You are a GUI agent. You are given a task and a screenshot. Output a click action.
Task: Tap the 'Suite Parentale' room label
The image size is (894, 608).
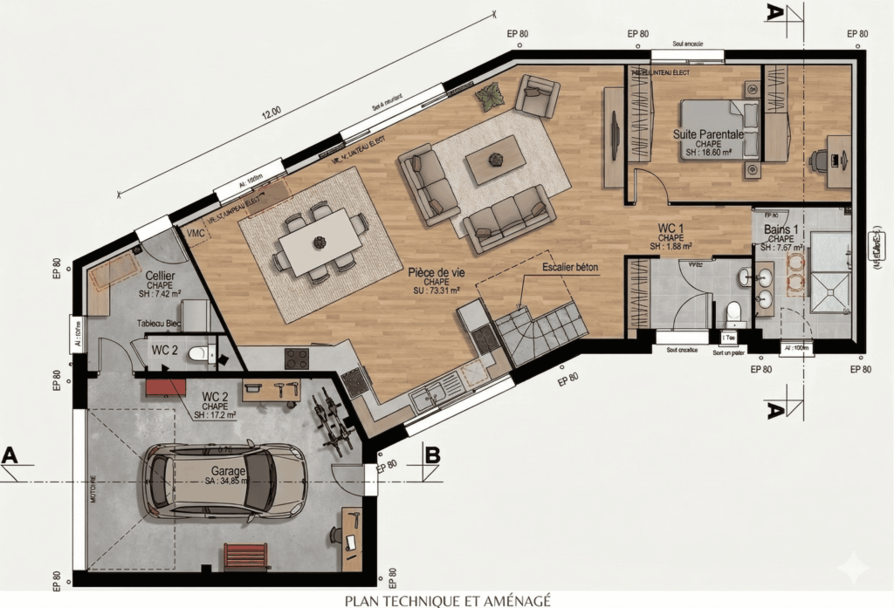pos(708,134)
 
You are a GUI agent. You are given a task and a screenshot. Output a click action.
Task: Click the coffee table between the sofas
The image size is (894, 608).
pos(496,159)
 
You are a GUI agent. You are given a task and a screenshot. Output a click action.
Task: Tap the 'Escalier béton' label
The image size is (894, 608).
pos(570,267)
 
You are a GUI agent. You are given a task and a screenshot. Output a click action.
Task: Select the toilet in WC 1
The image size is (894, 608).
pos(733,311)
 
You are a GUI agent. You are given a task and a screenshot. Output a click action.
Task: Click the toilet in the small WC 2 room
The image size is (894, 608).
pos(202,354)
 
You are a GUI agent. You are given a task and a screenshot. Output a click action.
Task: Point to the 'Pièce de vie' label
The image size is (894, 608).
pos(437,272)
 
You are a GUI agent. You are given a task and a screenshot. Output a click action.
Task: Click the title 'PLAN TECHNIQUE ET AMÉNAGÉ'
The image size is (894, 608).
pos(447,600)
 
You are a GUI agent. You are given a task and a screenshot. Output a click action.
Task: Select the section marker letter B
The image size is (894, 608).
pos(431,454)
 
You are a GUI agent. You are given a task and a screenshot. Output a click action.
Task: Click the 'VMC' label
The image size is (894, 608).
pos(194,233)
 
